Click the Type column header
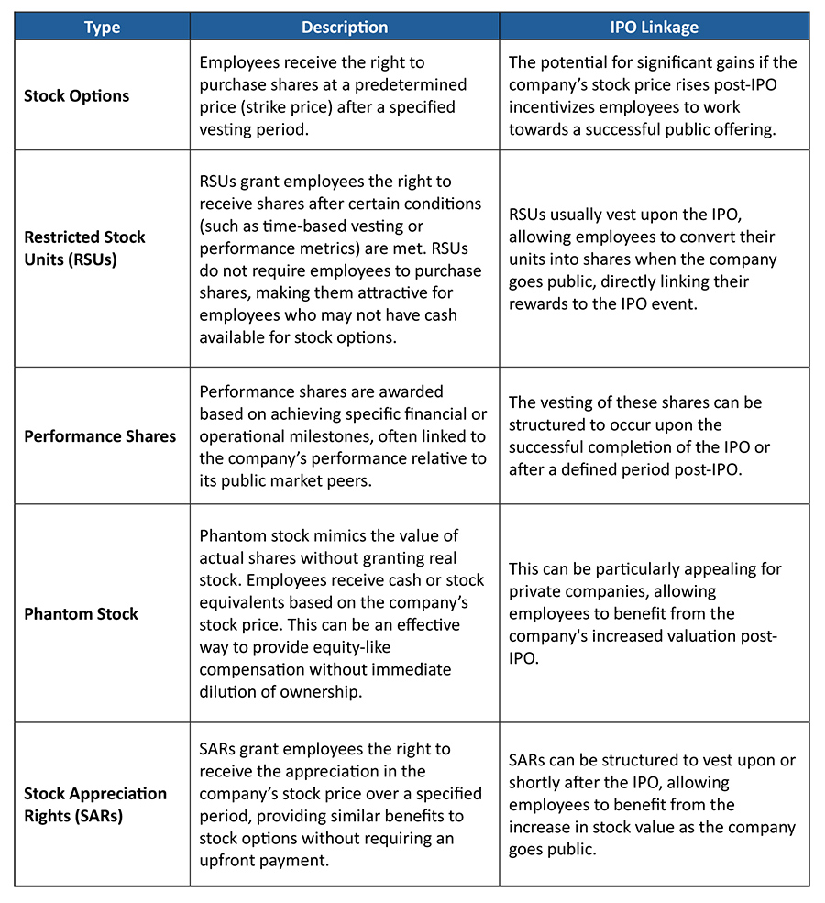pyautogui.click(x=102, y=28)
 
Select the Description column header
pyautogui.click(x=345, y=28)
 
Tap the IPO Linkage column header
pyautogui.click(x=654, y=28)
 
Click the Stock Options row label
pyautogui.click(x=77, y=95)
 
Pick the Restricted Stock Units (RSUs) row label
pyautogui.click(x=84, y=248)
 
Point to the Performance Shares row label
pyautogui.click(x=100, y=435)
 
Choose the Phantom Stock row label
pyautogui.click(x=81, y=613)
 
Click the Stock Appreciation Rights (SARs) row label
pyautogui.click(x=95, y=804)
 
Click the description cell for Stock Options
pyautogui.click(x=345, y=95)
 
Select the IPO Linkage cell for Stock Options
pyautogui.click(x=654, y=95)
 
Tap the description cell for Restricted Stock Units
pyautogui.click(x=345, y=259)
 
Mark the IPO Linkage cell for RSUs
pyautogui.click(x=654, y=259)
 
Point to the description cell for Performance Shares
pyautogui.click(x=345, y=435)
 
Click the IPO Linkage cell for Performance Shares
pyautogui.click(x=654, y=435)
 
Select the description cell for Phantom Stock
pyautogui.click(x=345, y=613)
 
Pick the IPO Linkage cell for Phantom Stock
pyautogui.click(x=654, y=613)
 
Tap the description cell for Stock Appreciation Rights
pyautogui.click(x=345, y=804)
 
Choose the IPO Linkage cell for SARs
pyautogui.click(x=654, y=804)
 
